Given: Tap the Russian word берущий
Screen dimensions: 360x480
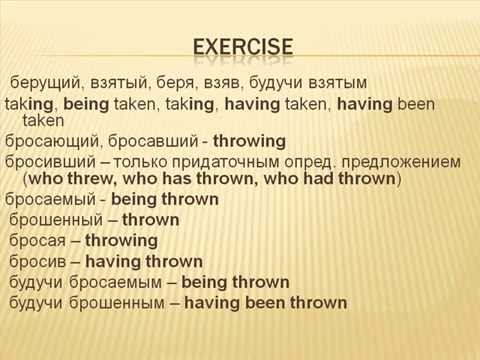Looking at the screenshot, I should [x=44, y=81].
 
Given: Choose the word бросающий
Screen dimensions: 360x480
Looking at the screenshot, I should [x=50, y=140].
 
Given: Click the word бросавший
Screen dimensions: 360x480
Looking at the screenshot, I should [x=144, y=140].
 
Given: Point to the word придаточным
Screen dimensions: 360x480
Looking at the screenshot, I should [x=224, y=160].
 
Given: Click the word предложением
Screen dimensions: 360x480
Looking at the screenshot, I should [x=399, y=160].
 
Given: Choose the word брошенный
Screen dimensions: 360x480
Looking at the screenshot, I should [x=55, y=219].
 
